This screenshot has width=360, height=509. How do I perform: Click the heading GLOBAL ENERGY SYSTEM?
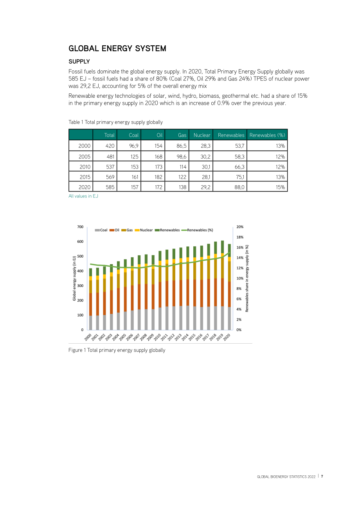(117, 48)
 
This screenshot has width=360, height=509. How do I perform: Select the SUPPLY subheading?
(79, 62)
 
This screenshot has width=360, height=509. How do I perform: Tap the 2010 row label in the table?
(85, 167)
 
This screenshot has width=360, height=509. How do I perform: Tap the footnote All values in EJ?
(83, 196)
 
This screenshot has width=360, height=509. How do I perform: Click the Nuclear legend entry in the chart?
(144, 230)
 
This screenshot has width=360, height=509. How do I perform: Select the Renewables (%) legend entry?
(197, 230)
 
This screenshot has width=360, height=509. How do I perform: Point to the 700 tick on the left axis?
(80, 227)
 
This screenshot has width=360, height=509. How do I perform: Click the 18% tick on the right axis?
(240, 237)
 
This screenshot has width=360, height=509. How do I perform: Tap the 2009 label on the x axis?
(150, 337)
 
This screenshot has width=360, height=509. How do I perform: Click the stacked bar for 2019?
(222, 285)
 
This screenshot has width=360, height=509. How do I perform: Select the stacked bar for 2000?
(90, 299)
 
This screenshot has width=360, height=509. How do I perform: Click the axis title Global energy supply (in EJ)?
(74, 278)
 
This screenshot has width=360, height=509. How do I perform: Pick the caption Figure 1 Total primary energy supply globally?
(117, 350)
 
